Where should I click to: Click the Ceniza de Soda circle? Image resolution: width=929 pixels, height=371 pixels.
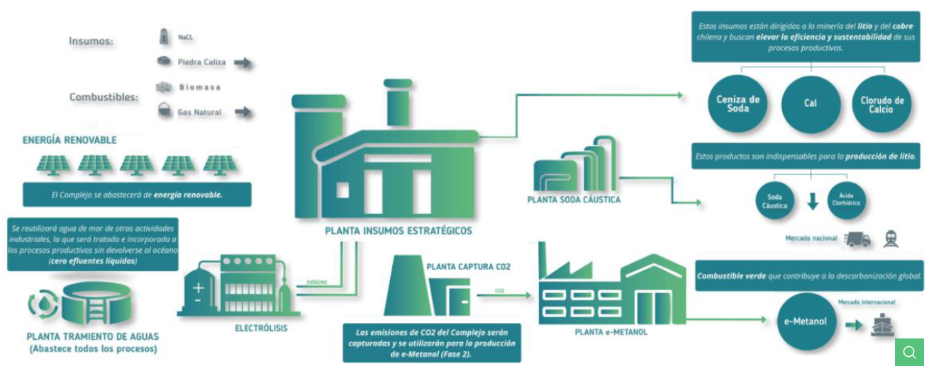[x=738, y=103]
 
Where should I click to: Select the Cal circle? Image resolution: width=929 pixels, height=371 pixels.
[x=811, y=103]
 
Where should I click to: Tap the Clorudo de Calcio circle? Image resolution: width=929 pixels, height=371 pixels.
[x=881, y=105]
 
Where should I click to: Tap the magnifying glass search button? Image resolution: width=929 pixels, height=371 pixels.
[x=909, y=351]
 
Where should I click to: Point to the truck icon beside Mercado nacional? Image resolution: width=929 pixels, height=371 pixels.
[x=858, y=239]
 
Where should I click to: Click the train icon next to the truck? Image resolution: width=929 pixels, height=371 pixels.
[x=891, y=239]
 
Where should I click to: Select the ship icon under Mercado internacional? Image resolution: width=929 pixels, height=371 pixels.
[x=884, y=324]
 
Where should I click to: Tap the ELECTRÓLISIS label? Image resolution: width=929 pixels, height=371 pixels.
[x=261, y=329]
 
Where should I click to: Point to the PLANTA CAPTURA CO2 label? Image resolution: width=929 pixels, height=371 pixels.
[x=468, y=267]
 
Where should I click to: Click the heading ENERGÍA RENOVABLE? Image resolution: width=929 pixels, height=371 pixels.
[x=69, y=140]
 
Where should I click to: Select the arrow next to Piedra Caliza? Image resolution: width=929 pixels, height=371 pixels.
[x=243, y=63]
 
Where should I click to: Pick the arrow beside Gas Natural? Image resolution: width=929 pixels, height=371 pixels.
[x=243, y=112]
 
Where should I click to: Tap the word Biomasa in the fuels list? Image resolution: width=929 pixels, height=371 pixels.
[x=199, y=87]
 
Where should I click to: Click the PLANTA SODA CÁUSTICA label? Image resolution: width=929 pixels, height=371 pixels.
[x=574, y=200]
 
